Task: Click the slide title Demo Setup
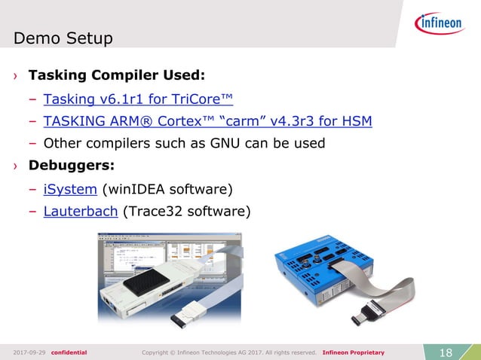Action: pyautogui.click(x=63, y=38)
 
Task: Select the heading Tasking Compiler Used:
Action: pyautogui.click(x=116, y=76)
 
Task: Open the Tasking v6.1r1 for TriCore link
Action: pyautogui.click(x=138, y=99)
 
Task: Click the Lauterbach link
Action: pyautogui.click(x=81, y=211)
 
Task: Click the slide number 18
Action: pyautogui.click(x=445, y=352)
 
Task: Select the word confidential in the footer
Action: pyautogui.click(x=69, y=352)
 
